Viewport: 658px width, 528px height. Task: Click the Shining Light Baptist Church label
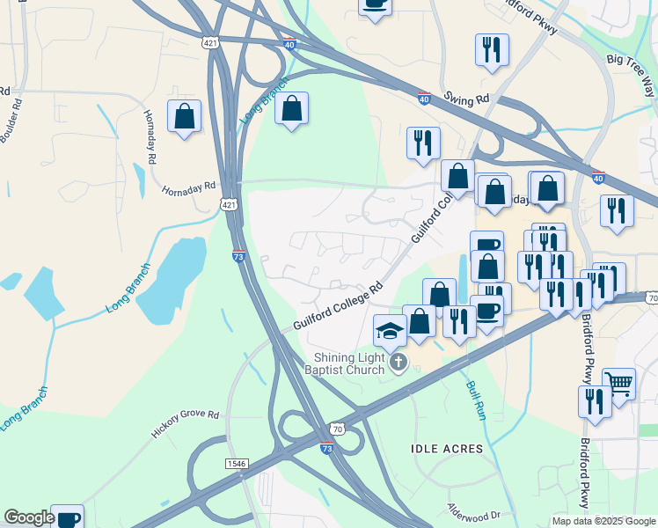click(350, 363)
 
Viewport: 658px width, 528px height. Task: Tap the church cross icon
click(398, 363)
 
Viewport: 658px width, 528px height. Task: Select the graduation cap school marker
click(391, 332)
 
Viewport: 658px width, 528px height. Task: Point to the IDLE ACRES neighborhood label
click(447, 449)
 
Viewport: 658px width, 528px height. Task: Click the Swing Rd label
click(466, 97)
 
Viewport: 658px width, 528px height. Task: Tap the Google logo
click(29, 517)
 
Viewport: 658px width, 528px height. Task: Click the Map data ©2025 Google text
click(603, 521)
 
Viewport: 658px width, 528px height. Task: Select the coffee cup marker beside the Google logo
click(67, 517)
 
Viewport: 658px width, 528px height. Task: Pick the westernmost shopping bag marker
click(185, 116)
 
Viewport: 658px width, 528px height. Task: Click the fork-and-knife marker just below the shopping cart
click(595, 402)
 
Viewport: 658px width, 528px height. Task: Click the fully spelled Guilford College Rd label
click(339, 305)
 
